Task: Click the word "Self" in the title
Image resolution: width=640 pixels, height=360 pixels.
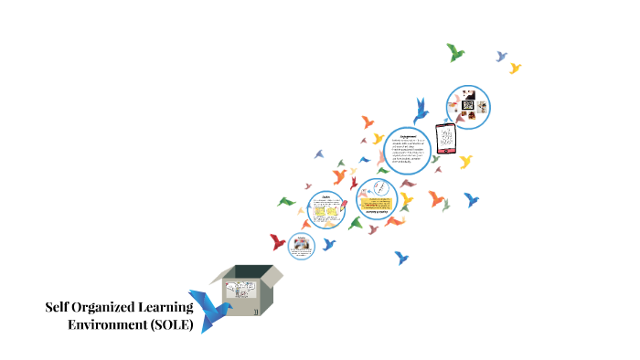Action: (59, 307)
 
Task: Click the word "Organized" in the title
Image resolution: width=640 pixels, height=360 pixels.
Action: (107, 307)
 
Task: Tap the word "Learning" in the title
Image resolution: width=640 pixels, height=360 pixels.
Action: (171, 307)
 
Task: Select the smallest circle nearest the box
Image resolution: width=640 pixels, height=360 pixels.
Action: (302, 245)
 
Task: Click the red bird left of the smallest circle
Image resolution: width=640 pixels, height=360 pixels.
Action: (278, 242)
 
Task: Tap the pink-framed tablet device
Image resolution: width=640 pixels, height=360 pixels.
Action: (446, 138)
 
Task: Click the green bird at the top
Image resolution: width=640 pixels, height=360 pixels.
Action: (455, 52)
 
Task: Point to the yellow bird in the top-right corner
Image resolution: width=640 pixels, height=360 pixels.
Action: (515, 68)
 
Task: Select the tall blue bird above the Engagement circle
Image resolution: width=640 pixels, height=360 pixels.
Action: (421, 111)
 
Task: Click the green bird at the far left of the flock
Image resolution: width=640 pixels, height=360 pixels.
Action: (286, 201)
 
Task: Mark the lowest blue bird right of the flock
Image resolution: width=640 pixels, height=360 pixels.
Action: (402, 257)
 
